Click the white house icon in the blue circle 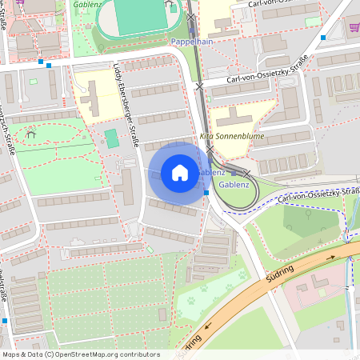180,173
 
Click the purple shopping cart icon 354,26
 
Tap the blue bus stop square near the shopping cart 323,37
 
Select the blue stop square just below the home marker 206,192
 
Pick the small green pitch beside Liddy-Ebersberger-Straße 111,138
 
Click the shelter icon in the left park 30,134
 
